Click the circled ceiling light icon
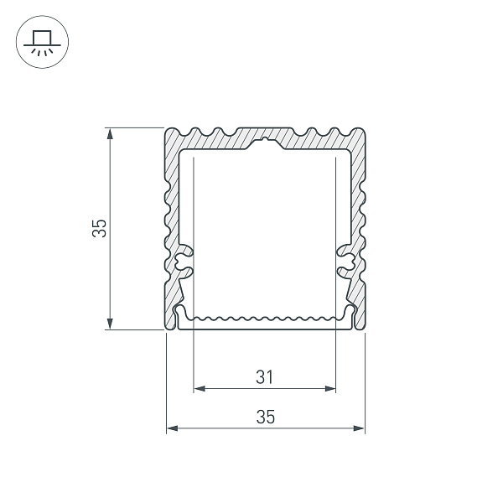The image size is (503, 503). pyautogui.click(x=42, y=42)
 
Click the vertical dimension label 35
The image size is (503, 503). pyautogui.click(x=99, y=228)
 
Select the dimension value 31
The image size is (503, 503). pyautogui.click(x=265, y=377)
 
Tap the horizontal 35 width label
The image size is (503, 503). pyautogui.click(x=266, y=417)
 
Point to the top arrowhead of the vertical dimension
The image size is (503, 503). pyautogui.click(x=110, y=133)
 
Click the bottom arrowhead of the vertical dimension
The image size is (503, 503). pyautogui.click(x=110, y=324)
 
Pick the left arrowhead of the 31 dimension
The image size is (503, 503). pyautogui.click(x=200, y=389)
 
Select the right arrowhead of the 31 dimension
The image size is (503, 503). pyautogui.click(x=330, y=389)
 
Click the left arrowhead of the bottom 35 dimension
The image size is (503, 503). pyautogui.click(x=172, y=428)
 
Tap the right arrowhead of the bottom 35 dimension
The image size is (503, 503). pyautogui.click(x=359, y=428)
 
